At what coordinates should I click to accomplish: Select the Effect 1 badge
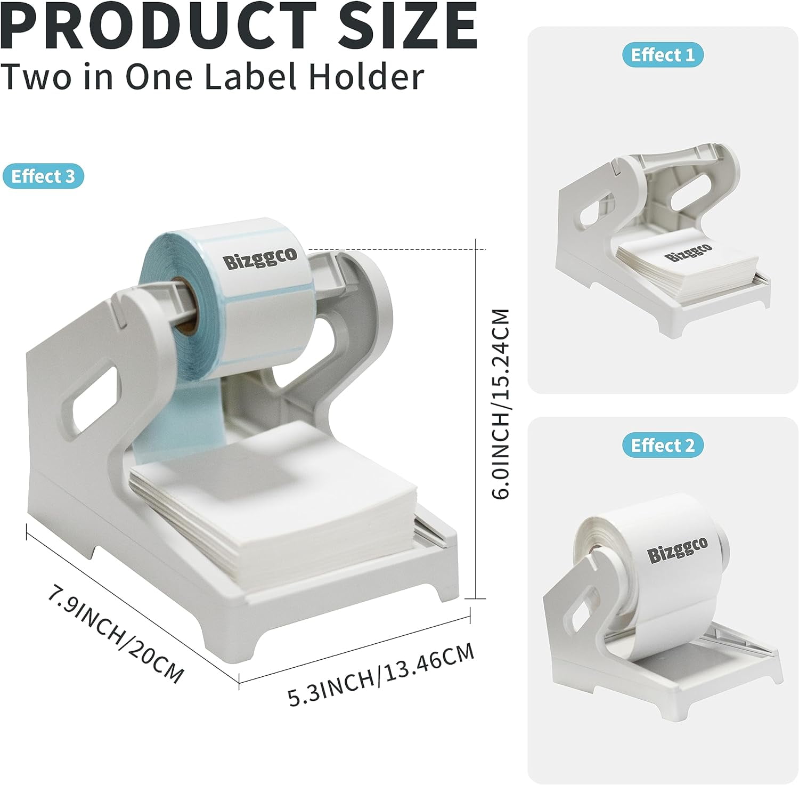663,55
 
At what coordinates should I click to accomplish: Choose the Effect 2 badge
663,445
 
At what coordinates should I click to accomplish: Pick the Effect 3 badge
43,176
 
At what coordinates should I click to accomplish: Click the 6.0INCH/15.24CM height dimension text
501,403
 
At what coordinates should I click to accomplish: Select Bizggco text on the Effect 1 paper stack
688,252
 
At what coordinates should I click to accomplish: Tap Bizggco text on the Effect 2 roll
677,547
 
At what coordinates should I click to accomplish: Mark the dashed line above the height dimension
397,249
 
